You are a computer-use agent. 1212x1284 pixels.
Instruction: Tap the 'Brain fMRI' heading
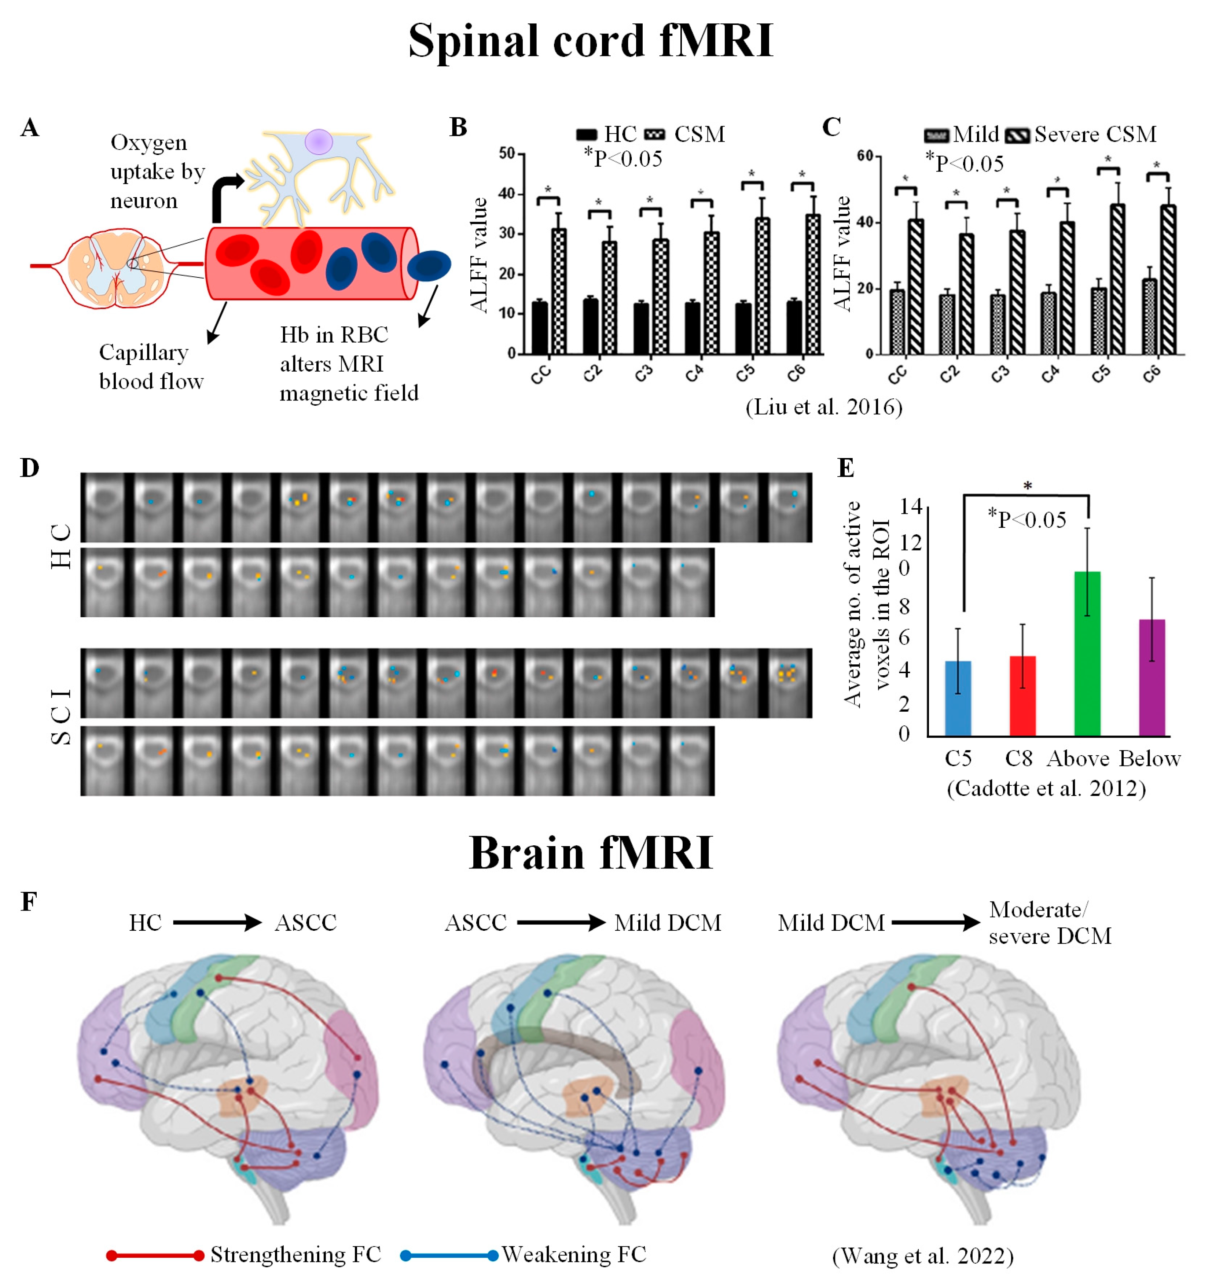click(x=591, y=853)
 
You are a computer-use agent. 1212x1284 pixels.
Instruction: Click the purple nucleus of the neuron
click(x=319, y=141)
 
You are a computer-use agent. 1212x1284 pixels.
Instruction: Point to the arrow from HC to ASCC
click(x=217, y=922)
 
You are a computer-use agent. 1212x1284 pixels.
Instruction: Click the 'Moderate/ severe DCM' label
click(x=1050, y=922)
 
